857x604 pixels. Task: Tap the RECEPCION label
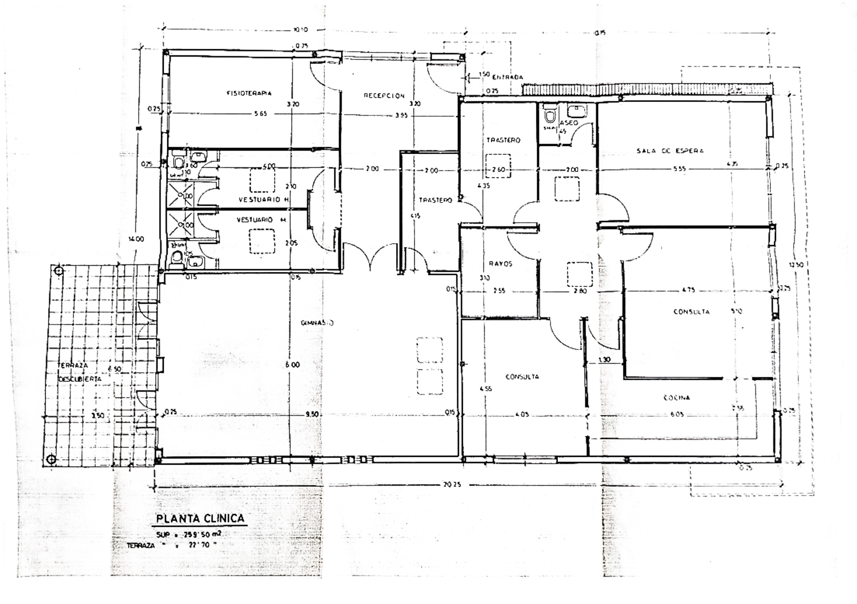pos(384,96)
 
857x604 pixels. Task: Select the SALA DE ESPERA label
pos(670,150)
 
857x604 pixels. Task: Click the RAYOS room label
pos(500,263)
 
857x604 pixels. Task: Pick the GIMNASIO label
pos(318,323)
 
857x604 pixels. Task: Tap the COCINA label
pos(676,398)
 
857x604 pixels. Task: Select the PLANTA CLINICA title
pos(200,518)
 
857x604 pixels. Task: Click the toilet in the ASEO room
pos(550,116)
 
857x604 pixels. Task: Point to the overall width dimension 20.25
pos(452,485)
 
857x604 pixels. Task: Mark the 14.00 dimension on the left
pos(136,239)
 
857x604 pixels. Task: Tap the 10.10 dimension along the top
pos(300,30)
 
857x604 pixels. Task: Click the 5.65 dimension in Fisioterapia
pos(261,114)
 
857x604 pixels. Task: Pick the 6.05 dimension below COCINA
pos(676,414)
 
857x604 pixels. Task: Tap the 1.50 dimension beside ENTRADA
pos(484,74)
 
